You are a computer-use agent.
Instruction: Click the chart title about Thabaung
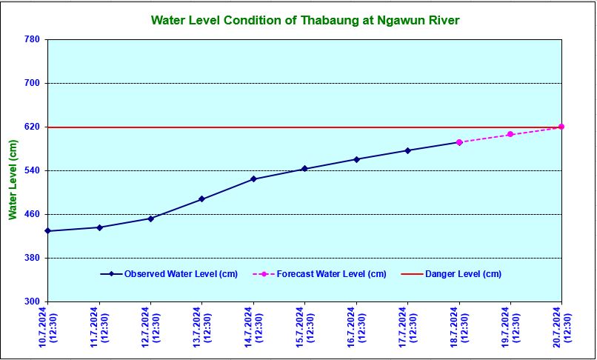(304, 20)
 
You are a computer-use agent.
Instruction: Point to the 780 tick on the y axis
(32, 39)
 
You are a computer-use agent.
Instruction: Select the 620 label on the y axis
(32, 127)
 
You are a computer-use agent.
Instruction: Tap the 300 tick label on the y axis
(32, 301)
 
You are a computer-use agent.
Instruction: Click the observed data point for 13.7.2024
(201, 199)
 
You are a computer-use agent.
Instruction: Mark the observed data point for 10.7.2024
(47, 231)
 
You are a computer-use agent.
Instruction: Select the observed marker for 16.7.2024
(356, 159)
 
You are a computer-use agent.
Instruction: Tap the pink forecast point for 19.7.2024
(510, 134)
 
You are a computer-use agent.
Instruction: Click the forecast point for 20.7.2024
(561, 127)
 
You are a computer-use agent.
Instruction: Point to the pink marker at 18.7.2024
(459, 142)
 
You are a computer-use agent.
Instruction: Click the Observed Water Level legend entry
(181, 274)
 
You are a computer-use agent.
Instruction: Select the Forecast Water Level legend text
(331, 274)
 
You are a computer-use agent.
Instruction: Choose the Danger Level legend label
(463, 274)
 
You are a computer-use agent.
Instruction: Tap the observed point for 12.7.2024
(150, 219)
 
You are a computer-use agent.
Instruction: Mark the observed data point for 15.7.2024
(304, 169)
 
